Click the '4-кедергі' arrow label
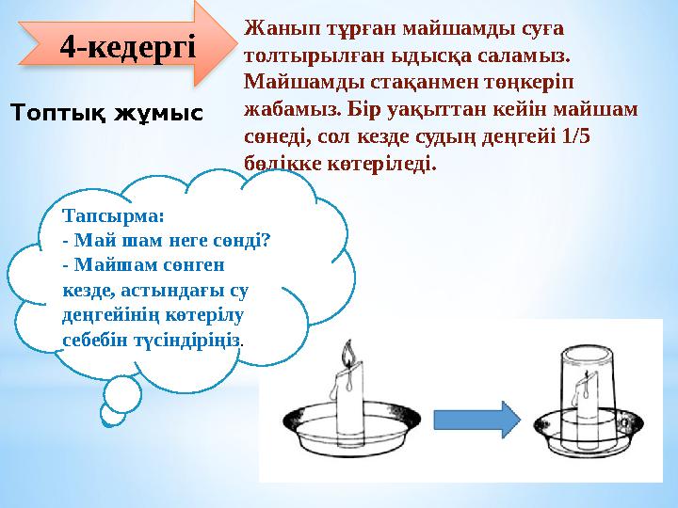(x=127, y=44)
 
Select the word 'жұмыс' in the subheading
(x=157, y=114)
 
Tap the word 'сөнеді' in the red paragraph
(x=276, y=135)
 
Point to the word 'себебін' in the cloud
(x=95, y=337)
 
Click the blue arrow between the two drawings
(x=497, y=420)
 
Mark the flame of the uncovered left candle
(x=347, y=357)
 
